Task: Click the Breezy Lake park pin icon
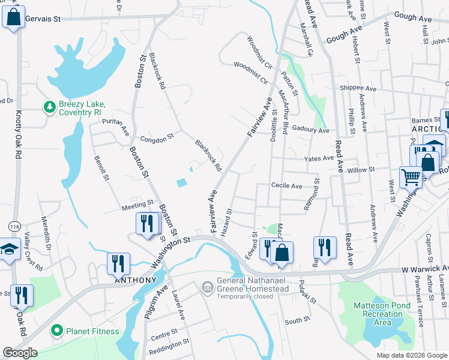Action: point(50,107)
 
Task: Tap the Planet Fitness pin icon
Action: point(57,330)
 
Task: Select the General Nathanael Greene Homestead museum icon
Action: point(207,289)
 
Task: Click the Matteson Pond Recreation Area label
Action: point(382,314)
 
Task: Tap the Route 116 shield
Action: point(16,226)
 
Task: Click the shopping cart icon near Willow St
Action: point(411,176)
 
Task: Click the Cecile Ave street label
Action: point(286,186)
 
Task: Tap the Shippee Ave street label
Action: point(357,88)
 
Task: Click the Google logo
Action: point(20,353)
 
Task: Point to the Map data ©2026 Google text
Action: point(411,355)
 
